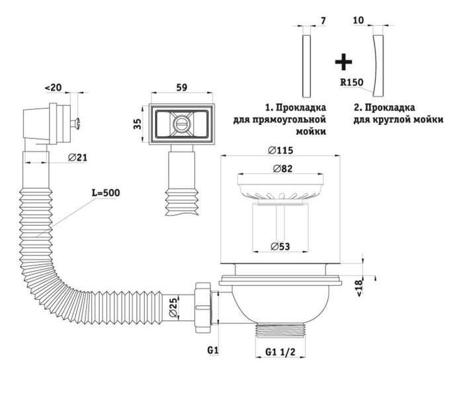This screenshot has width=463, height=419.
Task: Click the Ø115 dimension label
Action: [280, 150]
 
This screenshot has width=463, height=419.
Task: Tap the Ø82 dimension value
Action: [283, 169]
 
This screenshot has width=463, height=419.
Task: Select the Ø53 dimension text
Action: [280, 246]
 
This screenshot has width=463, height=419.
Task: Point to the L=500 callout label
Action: [106, 193]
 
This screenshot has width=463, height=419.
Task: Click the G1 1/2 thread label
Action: [280, 351]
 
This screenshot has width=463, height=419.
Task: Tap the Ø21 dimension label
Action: [77, 158]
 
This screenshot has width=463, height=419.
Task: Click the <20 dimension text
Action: [53, 88]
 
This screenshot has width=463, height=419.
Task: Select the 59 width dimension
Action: [182, 87]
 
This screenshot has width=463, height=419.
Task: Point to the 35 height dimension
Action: [137, 124]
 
